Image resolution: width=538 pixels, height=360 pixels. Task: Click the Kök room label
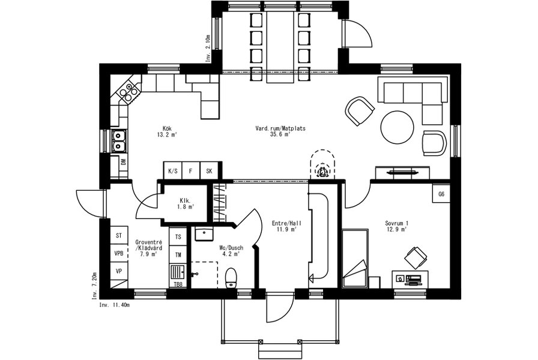pos(167,128)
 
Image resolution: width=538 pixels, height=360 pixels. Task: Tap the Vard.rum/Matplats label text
pos(280,128)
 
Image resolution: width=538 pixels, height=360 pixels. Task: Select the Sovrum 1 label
pos(396,224)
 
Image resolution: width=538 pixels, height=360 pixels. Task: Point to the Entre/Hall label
pos(287,223)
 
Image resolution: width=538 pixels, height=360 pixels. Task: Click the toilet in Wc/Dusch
pos(231,278)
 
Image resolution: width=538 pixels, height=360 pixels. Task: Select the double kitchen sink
pos(119,141)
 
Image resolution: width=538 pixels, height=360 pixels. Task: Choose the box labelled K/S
pos(172,171)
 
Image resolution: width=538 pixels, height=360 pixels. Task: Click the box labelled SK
pos(209,171)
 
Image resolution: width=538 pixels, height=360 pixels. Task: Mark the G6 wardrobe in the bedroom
pos(441,194)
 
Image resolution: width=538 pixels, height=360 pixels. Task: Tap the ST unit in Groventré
pos(119,236)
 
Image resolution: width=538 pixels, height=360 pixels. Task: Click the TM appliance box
pos(178,255)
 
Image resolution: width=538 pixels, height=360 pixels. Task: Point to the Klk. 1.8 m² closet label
pos(186,203)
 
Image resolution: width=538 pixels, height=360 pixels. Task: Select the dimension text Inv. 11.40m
pos(115,304)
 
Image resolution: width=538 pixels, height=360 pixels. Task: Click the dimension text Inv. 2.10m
pos(208,49)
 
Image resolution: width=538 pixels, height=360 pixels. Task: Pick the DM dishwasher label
pos(124,161)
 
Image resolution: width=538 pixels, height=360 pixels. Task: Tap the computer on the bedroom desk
pos(414,279)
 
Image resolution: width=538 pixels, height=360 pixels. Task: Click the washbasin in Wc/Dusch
pos(204,234)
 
